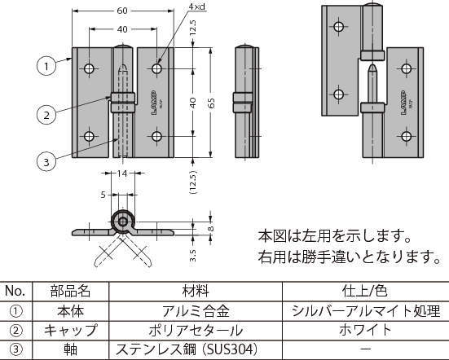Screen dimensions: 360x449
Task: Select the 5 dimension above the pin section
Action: tap(103, 195)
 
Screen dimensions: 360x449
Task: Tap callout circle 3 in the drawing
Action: tap(48, 162)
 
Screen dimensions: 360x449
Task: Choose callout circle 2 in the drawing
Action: tap(48, 115)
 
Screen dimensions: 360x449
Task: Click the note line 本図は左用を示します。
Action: tap(335, 237)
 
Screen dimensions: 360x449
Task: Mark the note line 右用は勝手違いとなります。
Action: tap(348, 259)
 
